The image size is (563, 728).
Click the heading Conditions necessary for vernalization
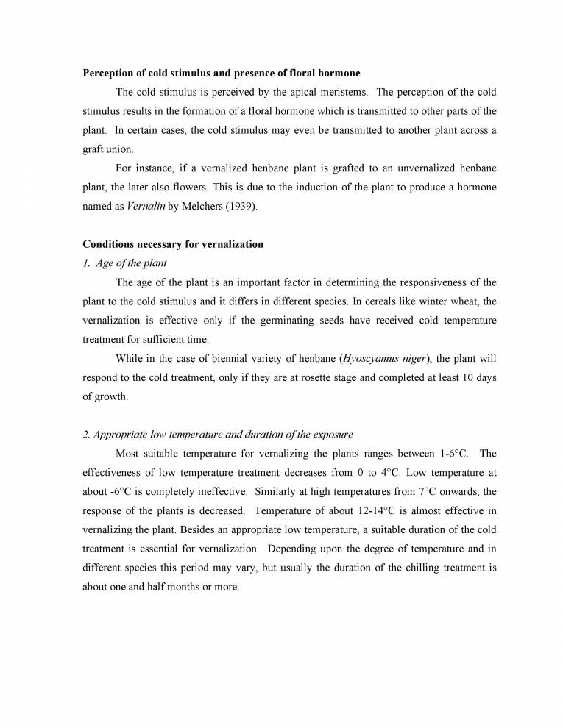(172, 244)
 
